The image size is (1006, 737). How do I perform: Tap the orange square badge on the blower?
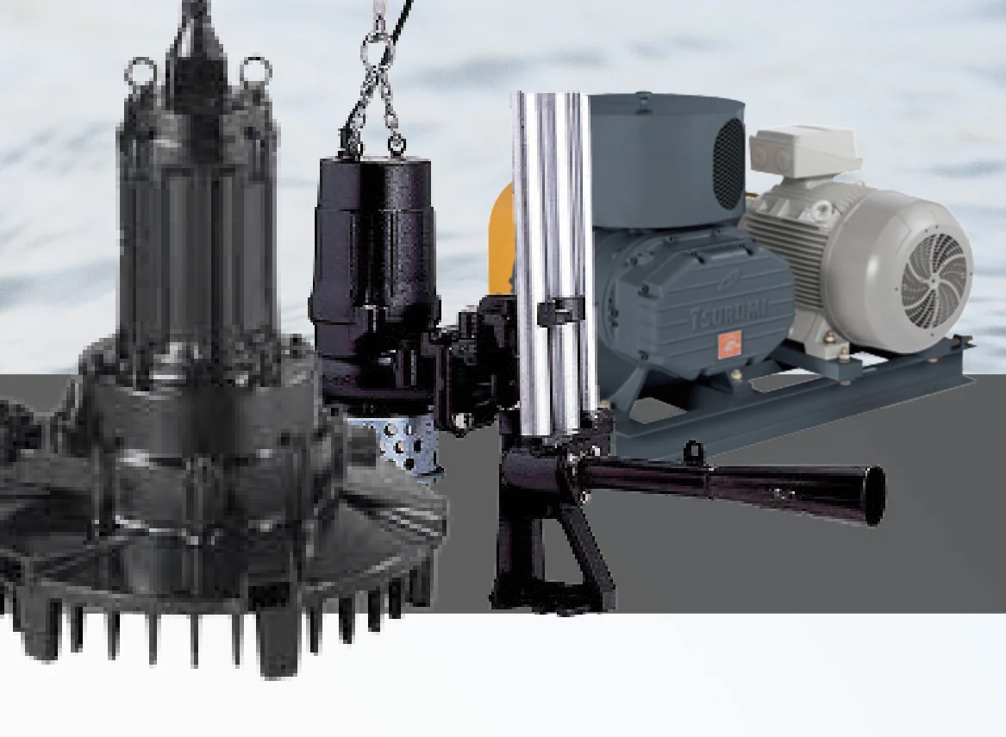728,346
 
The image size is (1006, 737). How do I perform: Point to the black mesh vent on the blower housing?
728,164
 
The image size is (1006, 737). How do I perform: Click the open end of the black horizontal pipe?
874,497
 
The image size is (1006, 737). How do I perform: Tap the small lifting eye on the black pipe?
691,450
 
